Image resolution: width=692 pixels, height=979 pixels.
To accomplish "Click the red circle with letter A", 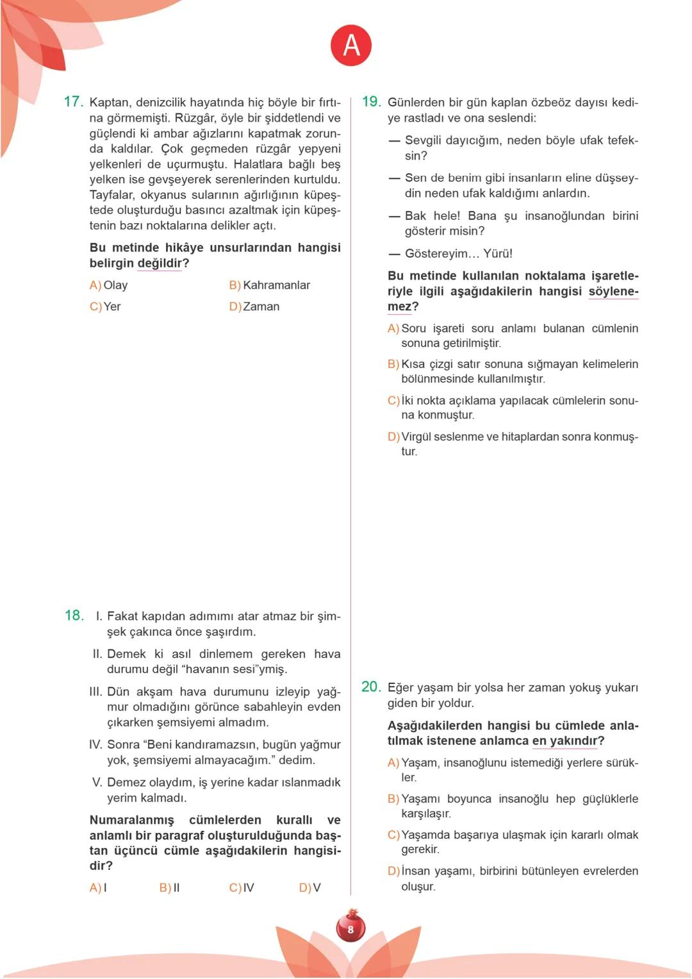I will tap(350, 46).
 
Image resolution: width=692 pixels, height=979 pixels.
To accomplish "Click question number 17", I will tap(73, 102).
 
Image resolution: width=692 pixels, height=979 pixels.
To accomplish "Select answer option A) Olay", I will tap(109, 285).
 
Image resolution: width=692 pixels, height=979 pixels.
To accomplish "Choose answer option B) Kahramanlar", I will tap(269, 285).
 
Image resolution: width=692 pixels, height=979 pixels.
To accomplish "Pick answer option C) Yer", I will tap(105, 307).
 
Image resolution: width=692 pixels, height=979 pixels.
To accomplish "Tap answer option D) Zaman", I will tap(254, 307).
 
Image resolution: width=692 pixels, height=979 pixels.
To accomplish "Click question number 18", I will tap(74, 615).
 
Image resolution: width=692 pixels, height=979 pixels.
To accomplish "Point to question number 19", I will tap(371, 102).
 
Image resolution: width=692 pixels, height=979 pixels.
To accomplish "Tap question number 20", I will tap(371, 687).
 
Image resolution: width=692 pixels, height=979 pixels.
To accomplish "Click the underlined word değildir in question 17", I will tap(160, 264).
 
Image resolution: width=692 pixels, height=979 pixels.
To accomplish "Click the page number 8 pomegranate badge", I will tap(350, 928).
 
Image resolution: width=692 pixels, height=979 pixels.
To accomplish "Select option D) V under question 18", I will tap(309, 888).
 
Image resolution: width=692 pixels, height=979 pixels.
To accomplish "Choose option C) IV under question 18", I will tap(242, 888).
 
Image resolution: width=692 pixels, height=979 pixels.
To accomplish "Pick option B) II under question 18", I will tap(170, 888).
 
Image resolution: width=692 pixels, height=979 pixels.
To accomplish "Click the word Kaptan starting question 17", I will tap(109, 103).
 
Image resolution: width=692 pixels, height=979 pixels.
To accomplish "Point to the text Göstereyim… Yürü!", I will tap(458, 254).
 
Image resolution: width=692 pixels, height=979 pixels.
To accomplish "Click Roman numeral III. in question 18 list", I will tap(95, 692).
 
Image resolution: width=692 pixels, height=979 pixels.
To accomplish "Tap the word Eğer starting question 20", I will tap(400, 688).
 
